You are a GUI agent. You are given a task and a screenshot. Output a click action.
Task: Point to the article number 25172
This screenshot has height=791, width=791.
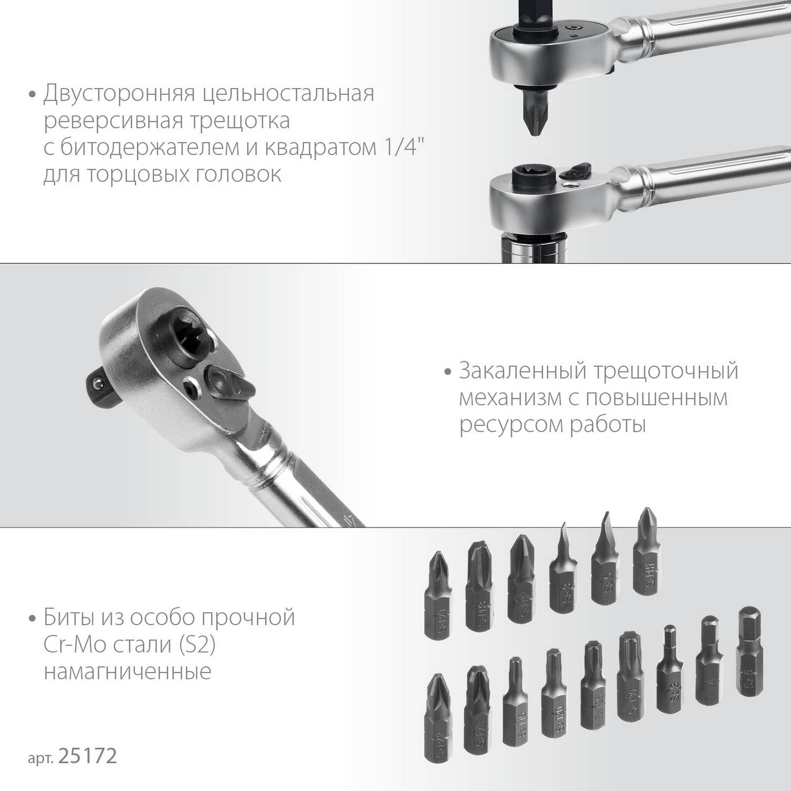pyautogui.click(x=87, y=757)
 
